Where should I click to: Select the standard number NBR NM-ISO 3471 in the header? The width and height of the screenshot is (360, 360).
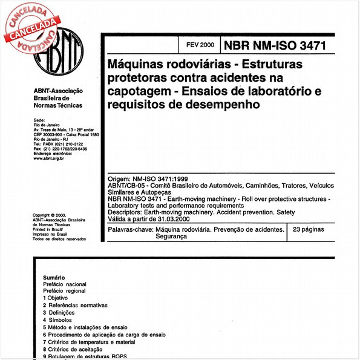click(275, 45)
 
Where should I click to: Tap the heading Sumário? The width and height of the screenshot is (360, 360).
click(54, 277)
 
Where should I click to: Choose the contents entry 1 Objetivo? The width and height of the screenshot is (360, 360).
click(56, 298)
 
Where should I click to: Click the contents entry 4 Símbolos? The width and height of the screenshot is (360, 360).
click(57, 320)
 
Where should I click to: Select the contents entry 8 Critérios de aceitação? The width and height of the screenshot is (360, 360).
click(72, 349)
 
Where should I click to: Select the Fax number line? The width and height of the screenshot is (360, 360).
click(61, 149)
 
